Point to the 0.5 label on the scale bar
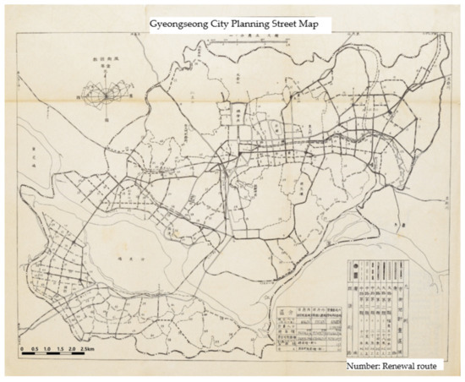click(x=35, y=348)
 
